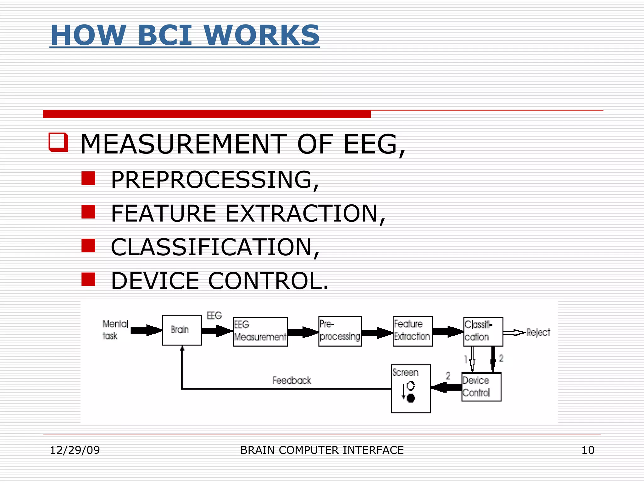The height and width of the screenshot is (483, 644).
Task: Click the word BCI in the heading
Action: pyautogui.click(x=164, y=35)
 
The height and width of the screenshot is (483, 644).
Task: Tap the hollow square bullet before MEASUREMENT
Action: pyautogui.click(x=58, y=142)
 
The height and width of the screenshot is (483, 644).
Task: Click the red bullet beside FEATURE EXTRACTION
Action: pyautogui.click(x=88, y=212)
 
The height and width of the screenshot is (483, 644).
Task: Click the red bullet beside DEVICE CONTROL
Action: pyautogui.click(x=88, y=279)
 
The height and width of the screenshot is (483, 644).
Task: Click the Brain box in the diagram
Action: pyautogui.click(x=182, y=330)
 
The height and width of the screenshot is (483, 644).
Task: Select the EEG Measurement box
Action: pyautogui.click(x=260, y=331)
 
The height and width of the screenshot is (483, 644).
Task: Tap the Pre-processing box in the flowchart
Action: pyautogui.click(x=340, y=331)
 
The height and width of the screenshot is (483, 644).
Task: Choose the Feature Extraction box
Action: pyautogui.click(x=412, y=331)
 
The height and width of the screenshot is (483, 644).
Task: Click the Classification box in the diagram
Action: pyautogui.click(x=483, y=331)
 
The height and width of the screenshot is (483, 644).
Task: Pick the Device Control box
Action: pyautogui.click(x=481, y=387)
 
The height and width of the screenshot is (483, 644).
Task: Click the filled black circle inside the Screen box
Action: pyautogui.click(x=411, y=398)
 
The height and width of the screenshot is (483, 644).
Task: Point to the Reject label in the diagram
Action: pyautogui.click(x=538, y=332)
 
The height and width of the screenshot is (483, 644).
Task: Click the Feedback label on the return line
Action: pyautogui.click(x=291, y=380)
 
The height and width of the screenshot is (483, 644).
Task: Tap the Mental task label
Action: pyautogui.click(x=115, y=330)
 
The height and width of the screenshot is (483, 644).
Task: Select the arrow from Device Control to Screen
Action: pyautogui.click(x=446, y=387)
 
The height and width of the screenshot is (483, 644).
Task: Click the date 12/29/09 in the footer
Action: pyautogui.click(x=75, y=450)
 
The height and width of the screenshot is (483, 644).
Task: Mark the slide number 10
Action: pyautogui.click(x=588, y=450)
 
